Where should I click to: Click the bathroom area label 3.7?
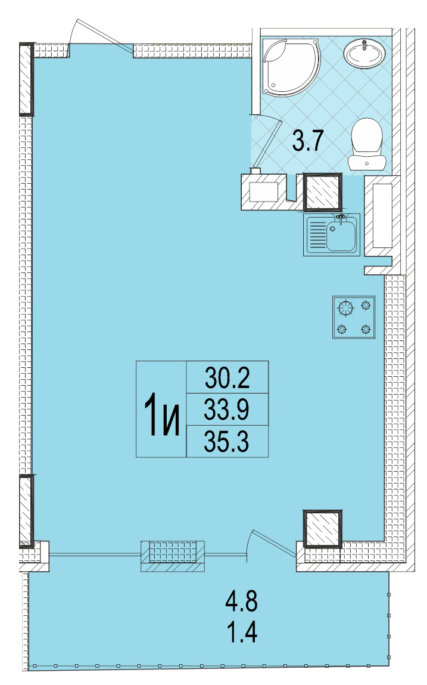[x=307, y=141]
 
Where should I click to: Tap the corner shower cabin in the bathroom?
[x=291, y=66]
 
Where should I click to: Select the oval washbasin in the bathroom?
[x=364, y=53]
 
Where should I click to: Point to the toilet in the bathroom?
[x=367, y=144]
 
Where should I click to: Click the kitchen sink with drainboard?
[x=332, y=235]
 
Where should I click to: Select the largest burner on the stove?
[x=346, y=308]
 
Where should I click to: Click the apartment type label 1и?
[x=161, y=414]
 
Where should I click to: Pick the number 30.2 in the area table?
[x=227, y=378]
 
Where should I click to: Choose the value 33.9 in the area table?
[x=226, y=410]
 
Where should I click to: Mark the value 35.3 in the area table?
[x=226, y=441]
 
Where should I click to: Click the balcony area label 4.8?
[x=241, y=601]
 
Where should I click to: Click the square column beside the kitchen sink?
[x=323, y=191]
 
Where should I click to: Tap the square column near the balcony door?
[x=323, y=529]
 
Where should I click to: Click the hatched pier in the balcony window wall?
[x=173, y=556]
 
